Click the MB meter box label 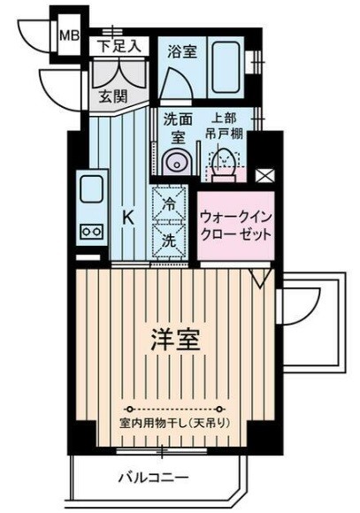tap(67, 36)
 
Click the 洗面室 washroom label tap(175, 128)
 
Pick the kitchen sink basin tap(91, 190)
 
